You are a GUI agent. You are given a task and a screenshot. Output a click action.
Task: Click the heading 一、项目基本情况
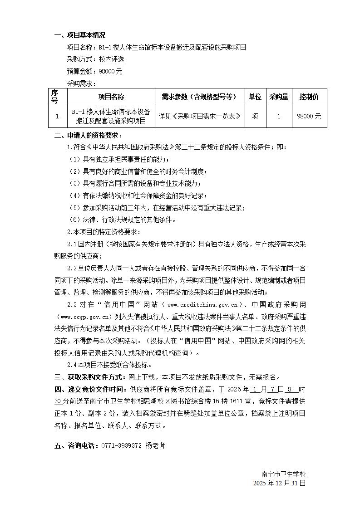[80, 35]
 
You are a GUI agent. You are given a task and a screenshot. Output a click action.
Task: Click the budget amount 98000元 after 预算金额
[110, 71]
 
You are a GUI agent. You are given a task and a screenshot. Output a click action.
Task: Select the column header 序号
[54, 97]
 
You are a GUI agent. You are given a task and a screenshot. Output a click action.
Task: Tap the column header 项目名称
[111, 97]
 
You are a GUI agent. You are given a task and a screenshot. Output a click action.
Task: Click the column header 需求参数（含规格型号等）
[199, 97]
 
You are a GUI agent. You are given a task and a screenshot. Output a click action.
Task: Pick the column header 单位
[255, 97]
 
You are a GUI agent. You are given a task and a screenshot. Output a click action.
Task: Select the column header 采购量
[279, 97]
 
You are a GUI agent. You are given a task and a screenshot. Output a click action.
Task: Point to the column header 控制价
[309, 97]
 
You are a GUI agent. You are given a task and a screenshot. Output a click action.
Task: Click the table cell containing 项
[255, 116]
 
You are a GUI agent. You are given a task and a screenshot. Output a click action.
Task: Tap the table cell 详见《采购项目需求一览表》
[199, 116]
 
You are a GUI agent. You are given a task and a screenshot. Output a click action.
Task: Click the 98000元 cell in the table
[309, 116]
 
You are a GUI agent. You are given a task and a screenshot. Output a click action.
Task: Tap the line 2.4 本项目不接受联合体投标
[109, 364]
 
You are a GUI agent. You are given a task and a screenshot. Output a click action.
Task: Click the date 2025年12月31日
[280, 483]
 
